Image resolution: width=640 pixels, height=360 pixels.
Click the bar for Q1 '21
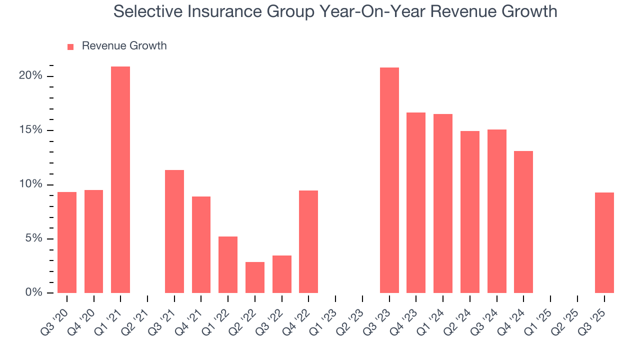[120, 179]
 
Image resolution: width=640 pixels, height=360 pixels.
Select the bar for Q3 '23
[389, 180]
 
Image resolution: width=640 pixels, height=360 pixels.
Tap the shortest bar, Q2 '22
[255, 277]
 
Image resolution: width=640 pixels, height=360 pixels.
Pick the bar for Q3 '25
[604, 242]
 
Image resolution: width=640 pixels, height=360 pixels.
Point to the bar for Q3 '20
[67, 242]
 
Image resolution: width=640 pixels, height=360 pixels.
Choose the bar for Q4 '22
[308, 241]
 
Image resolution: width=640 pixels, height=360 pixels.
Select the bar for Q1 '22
[228, 264]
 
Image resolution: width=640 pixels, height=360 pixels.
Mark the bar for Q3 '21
[174, 231]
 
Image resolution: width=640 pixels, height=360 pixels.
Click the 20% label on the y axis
[30, 76]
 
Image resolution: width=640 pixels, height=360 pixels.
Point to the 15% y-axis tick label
[30, 130]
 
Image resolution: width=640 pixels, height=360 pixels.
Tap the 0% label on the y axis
[33, 292]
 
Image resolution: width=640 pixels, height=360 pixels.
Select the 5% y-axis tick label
[33, 238]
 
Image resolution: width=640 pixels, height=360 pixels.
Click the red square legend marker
[70, 46]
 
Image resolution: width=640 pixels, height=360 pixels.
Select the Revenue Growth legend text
[124, 46]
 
